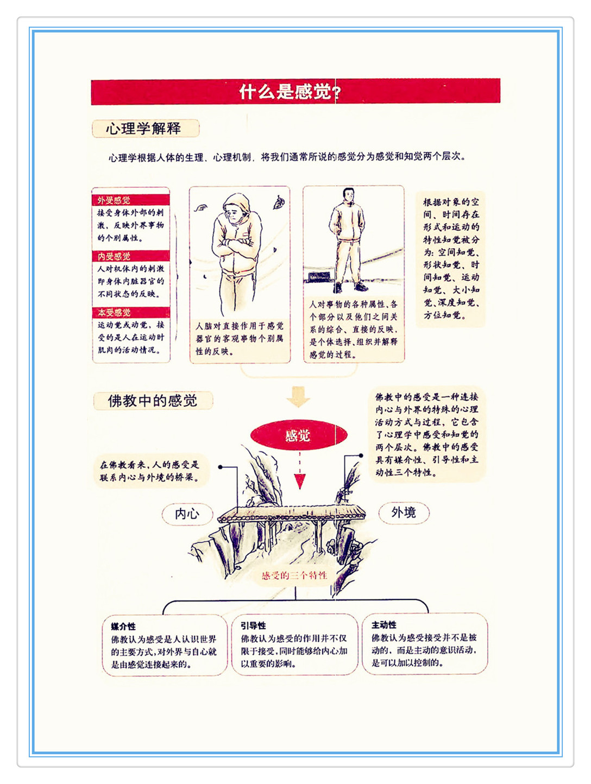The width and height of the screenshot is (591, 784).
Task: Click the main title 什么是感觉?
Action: point(290,92)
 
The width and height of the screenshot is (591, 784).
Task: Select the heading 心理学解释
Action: point(143,129)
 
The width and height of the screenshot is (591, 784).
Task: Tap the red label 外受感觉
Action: point(114,200)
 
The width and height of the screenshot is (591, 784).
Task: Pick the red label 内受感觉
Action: point(114,256)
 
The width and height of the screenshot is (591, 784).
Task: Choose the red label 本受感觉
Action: point(114,312)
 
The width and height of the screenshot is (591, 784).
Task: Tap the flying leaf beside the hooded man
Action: point(279,203)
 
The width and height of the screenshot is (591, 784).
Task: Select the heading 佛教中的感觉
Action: point(153,400)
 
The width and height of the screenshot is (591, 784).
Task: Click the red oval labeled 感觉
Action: point(299,435)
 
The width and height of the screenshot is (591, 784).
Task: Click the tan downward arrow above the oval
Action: point(298,396)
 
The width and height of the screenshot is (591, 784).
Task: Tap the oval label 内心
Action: point(187,514)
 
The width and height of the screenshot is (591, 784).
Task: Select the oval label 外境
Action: point(404,513)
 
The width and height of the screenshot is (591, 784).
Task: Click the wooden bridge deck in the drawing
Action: point(292,513)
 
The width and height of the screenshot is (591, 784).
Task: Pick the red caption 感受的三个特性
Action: point(294,575)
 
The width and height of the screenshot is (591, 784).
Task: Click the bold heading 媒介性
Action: point(123,626)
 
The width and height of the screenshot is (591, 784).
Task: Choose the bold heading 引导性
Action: point(253,625)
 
